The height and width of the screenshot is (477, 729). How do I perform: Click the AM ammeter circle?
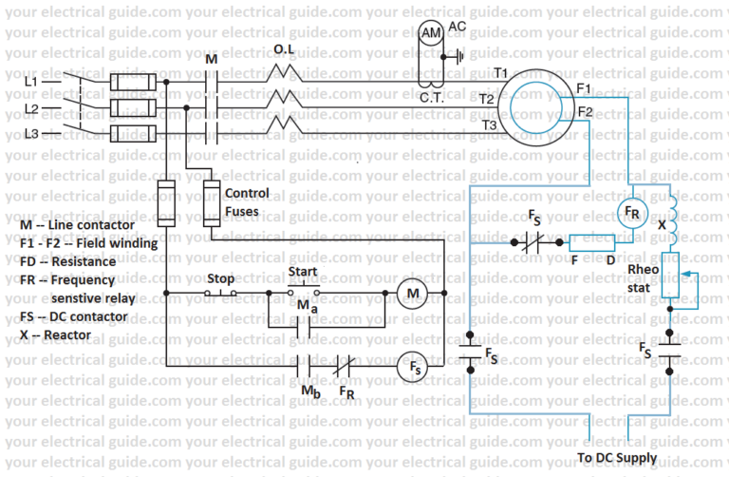[x=431, y=34]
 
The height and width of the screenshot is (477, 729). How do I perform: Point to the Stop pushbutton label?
[x=220, y=279]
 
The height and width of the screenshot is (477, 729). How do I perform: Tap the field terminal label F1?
[x=585, y=88]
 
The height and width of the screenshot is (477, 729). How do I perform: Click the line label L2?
[x=30, y=109]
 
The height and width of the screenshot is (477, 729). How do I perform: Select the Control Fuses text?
[x=246, y=200]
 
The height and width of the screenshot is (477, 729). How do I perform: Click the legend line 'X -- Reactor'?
[x=54, y=334]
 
